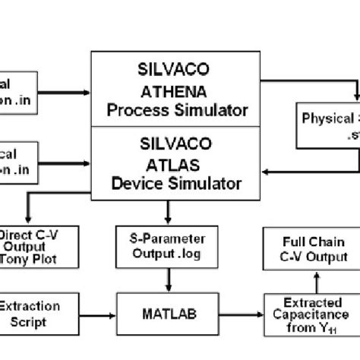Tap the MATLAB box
pyautogui.click(x=167, y=311)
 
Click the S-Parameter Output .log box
pyautogui.click(x=156, y=248)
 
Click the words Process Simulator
pyautogui.click(x=177, y=111)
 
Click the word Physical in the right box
pyautogui.click(x=327, y=119)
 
